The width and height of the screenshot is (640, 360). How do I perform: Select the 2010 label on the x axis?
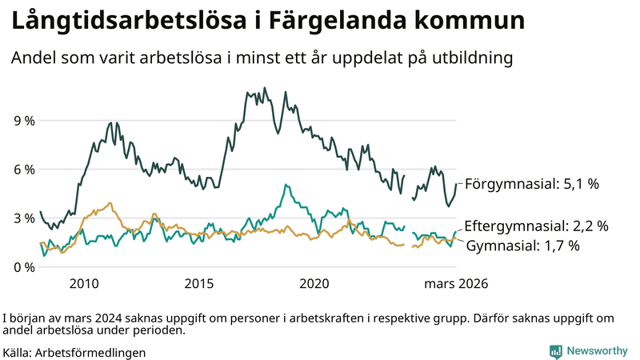[84, 284]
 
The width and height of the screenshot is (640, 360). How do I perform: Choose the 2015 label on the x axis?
[199, 284]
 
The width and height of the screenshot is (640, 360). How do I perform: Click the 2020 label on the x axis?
[314, 284]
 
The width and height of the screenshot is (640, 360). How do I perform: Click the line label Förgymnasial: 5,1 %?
[532, 184]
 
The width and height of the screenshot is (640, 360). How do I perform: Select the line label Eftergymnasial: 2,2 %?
[536, 226]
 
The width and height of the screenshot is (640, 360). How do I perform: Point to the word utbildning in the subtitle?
[466, 59]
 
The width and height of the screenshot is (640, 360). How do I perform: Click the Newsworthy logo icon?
[555, 351]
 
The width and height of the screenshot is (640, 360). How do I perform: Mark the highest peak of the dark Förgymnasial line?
[265, 88]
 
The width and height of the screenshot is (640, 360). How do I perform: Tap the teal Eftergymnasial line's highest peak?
[286, 185]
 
